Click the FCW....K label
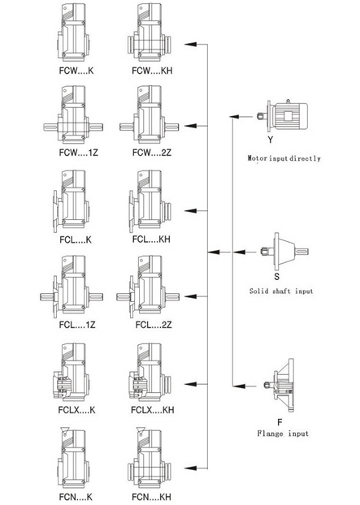[x=76, y=71]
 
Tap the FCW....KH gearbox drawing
[x=149, y=32]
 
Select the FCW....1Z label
[x=78, y=152]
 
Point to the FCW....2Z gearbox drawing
[x=150, y=114]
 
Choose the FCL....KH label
[x=151, y=239]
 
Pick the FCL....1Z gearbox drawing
[x=72, y=287]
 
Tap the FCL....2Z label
[x=154, y=324]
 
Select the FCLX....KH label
[x=153, y=410]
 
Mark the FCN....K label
[x=76, y=497]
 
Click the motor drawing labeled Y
[x=283, y=115]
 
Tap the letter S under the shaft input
[x=276, y=276]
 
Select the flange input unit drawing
[x=279, y=385]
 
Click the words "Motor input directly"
[x=284, y=158]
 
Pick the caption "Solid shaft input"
[x=281, y=291]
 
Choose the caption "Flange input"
[x=283, y=434]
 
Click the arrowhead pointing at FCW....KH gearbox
[x=190, y=44]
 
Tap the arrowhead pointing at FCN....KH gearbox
[x=190, y=468]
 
